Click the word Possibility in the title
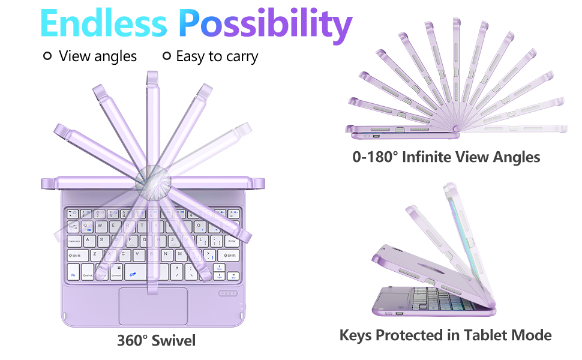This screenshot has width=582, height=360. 266,24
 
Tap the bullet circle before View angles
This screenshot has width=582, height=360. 47,56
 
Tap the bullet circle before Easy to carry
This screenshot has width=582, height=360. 167,56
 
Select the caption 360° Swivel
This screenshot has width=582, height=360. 156,341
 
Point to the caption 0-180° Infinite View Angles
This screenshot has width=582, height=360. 446,157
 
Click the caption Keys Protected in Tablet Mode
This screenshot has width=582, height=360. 445,335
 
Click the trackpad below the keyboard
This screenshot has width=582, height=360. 153,305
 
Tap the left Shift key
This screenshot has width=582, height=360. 76,256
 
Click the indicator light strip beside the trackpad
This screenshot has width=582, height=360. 227,294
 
